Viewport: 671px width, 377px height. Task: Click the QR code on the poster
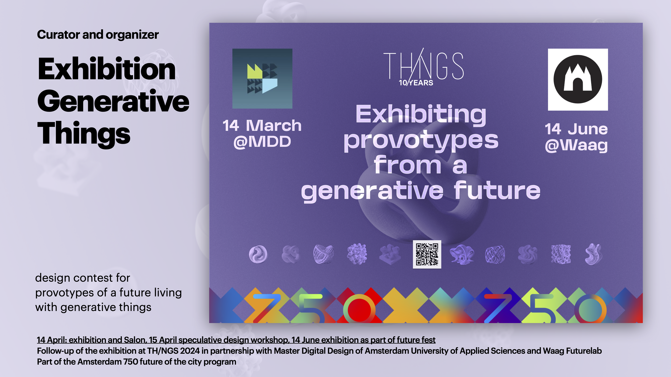point(427,254)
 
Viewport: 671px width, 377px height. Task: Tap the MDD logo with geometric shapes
point(262,79)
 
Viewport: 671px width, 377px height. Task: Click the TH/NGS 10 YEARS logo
point(423,67)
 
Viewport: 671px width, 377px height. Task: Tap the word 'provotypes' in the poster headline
point(421,141)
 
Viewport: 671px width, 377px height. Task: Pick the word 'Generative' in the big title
point(113,102)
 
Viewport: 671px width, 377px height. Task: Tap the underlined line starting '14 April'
point(236,340)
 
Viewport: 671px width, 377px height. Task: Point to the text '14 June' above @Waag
point(576,129)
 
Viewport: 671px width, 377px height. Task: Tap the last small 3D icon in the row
point(594,254)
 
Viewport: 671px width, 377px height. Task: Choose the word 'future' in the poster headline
point(497,191)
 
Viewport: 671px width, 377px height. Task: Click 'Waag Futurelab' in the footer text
point(572,351)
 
